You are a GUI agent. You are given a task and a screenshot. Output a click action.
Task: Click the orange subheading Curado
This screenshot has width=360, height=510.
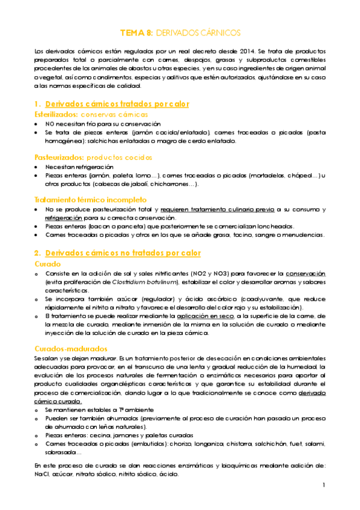(x=47, y=263)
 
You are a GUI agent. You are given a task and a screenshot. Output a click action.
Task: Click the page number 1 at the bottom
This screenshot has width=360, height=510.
(x=323, y=485)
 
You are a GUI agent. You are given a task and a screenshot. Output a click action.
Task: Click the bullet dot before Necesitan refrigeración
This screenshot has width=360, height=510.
(x=37, y=167)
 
